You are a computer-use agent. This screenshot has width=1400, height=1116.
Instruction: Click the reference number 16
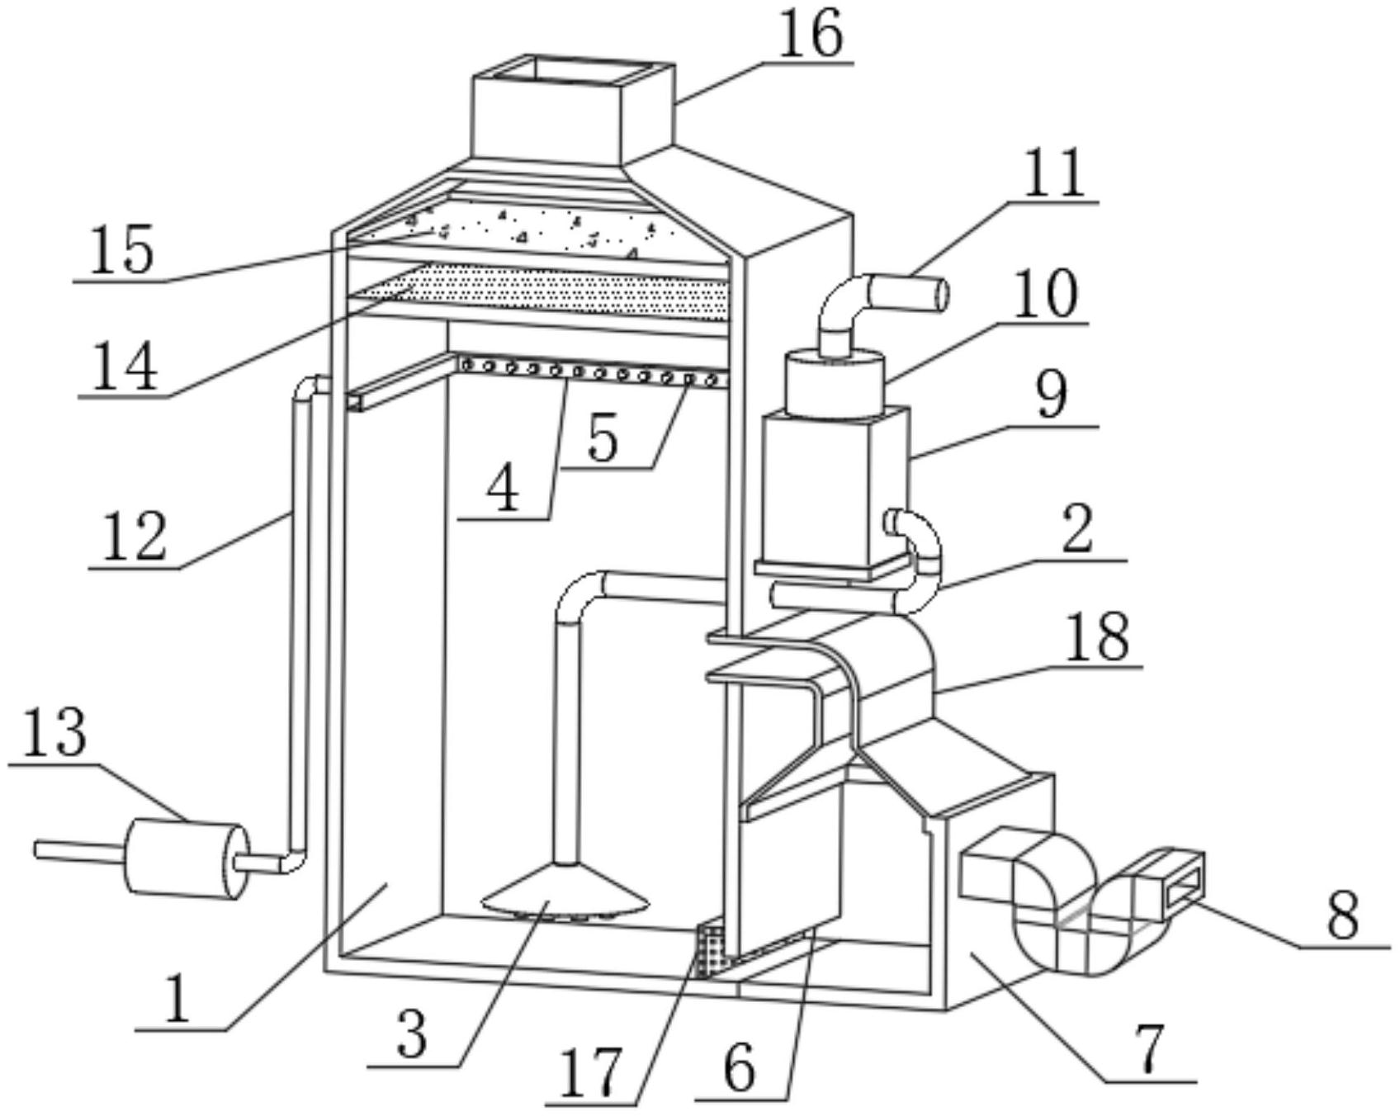pyautogui.click(x=811, y=34)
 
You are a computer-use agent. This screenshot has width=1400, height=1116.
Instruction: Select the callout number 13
pyautogui.click(x=53, y=732)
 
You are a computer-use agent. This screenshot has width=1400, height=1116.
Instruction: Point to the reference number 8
pyautogui.click(x=1343, y=915)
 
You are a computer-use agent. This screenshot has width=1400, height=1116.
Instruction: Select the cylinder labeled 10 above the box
pyautogui.click(x=834, y=381)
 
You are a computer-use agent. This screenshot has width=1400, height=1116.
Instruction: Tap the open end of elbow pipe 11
pyautogui.click(x=941, y=296)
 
